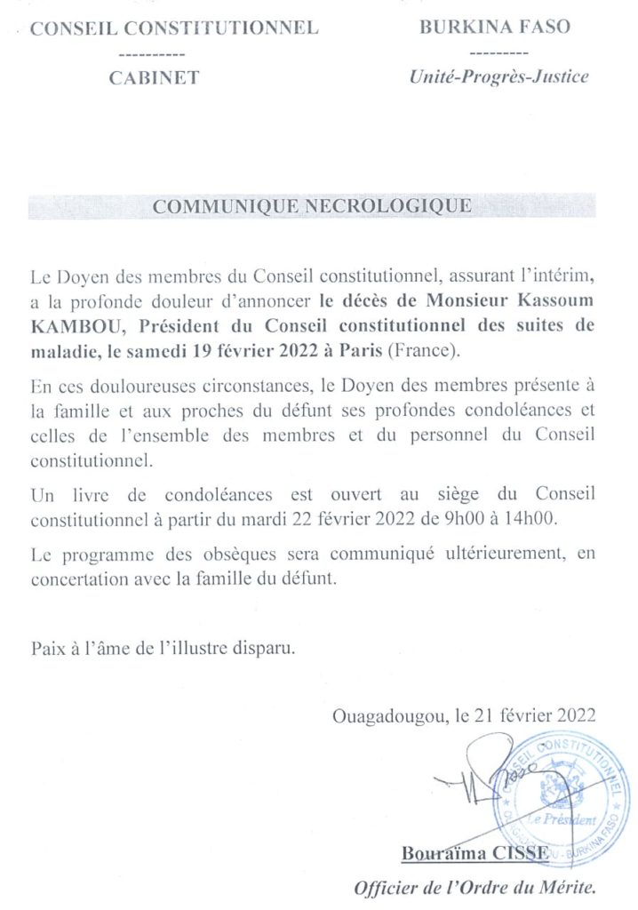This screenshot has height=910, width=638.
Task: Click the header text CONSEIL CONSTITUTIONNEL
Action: [174, 28]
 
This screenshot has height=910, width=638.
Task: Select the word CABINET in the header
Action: [154, 77]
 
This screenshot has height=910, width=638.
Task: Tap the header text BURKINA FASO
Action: [494, 27]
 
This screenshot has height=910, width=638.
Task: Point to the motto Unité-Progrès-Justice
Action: [498, 77]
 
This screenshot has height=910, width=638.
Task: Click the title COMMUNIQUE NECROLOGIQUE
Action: [312, 207]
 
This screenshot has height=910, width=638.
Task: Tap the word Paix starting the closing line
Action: [49, 646]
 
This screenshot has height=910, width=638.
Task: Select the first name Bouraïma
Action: [439, 854]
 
